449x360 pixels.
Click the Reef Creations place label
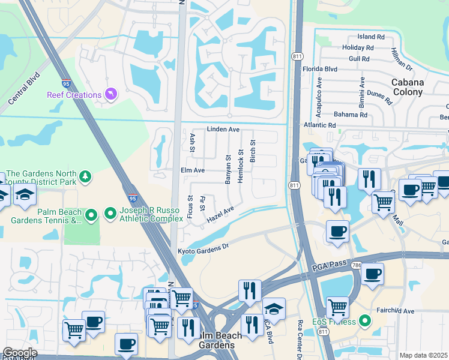click(74, 95)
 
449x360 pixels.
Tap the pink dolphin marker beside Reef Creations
click(112, 94)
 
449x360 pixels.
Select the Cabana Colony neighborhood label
click(408, 88)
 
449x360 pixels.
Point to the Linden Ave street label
click(223, 129)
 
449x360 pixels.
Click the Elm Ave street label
click(193, 170)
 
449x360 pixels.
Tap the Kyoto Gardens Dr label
click(203, 247)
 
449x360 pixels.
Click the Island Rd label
click(370, 37)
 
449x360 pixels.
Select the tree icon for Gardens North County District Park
click(86, 176)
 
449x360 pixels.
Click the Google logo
click(19, 353)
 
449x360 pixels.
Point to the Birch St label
click(253, 151)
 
